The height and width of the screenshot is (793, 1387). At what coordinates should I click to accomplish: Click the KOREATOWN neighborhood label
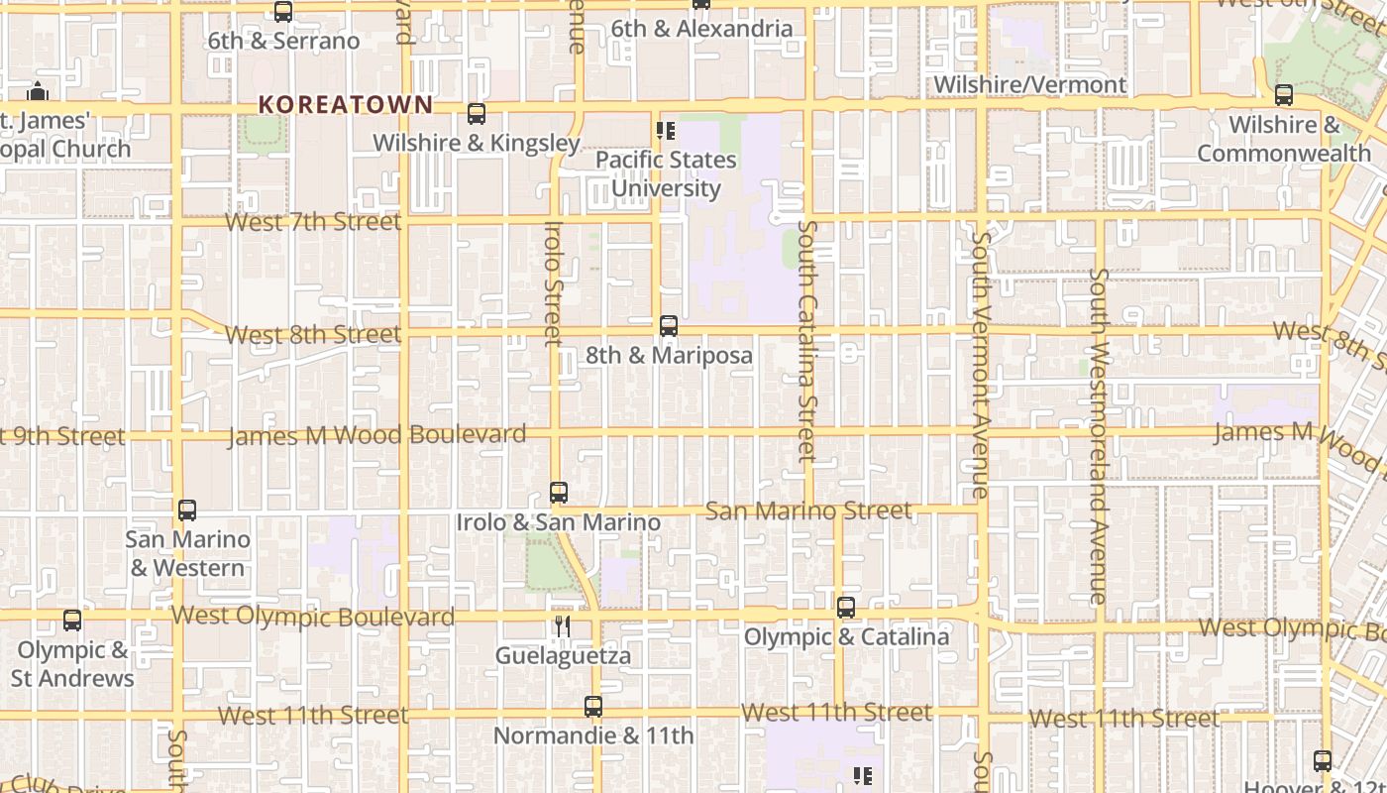click(x=346, y=104)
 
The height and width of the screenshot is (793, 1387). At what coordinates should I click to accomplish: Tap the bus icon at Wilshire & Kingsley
click(x=477, y=114)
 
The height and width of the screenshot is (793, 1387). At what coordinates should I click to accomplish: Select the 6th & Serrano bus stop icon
click(x=283, y=12)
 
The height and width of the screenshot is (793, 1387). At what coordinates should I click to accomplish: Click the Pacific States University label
click(x=666, y=173)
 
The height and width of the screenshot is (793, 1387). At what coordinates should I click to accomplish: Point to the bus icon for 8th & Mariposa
click(x=669, y=326)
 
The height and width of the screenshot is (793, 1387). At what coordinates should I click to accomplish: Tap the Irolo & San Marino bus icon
click(x=559, y=493)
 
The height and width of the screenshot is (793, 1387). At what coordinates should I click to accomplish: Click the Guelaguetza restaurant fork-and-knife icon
click(x=563, y=625)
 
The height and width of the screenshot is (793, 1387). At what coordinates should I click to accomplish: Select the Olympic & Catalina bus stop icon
click(x=846, y=608)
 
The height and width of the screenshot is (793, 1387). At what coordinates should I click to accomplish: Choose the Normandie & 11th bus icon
click(x=593, y=707)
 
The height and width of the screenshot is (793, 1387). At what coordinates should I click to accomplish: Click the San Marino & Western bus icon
click(x=187, y=510)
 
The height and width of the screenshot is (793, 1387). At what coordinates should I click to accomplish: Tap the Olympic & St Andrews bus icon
click(x=72, y=621)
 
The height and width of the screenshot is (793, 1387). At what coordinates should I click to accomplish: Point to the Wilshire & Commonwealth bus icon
click(x=1284, y=95)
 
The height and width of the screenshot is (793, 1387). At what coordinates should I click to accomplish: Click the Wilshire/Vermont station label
click(x=1030, y=84)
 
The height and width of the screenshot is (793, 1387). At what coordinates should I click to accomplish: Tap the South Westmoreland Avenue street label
click(x=1098, y=436)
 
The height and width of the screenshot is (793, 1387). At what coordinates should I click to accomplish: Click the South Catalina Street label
click(x=806, y=342)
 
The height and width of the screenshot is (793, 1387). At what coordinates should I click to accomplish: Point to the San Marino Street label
click(x=807, y=510)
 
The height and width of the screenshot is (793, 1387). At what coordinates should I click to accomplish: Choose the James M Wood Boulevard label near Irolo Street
click(x=376, y=435)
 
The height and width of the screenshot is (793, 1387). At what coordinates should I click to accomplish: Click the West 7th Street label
click(x=313, y=221)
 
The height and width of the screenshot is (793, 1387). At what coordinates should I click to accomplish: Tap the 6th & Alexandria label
click(x=701, y=29)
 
